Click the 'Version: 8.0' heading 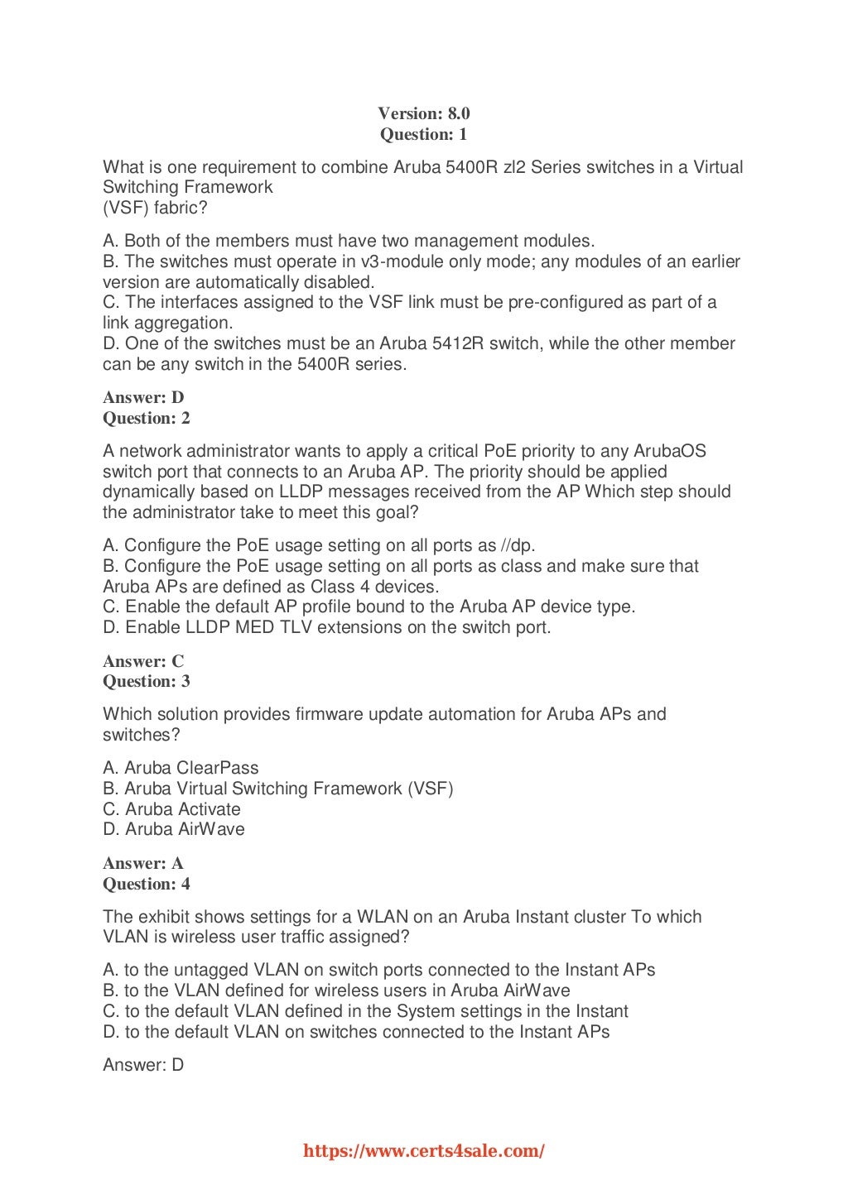point(423,113)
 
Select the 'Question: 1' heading point(423,134)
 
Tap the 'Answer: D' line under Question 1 point(143,397)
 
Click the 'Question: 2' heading point(147,418)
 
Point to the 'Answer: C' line point(143,661)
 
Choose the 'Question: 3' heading point(147,681)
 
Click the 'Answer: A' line point(143,863)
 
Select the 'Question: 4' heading point(147,884)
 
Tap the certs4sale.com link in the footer point(424,1150)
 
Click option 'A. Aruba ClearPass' point(181,768)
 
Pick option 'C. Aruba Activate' point(171,808)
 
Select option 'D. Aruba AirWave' point(174,829)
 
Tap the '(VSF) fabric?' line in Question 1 point(155,208)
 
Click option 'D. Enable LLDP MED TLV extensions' point(326,627)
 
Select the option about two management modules point(349,241)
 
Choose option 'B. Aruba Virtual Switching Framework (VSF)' point(277,788)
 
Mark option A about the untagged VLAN point(378,970)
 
